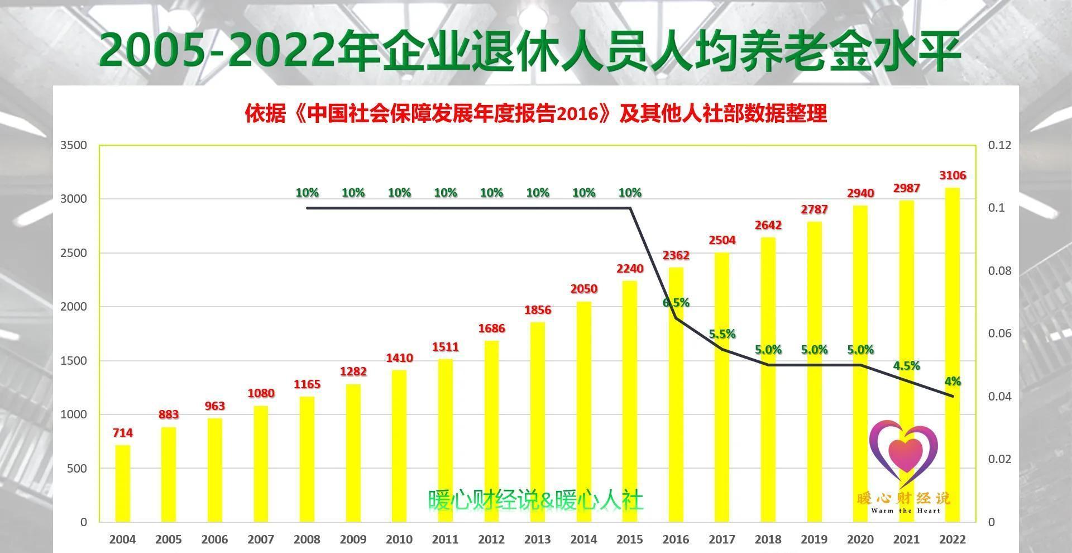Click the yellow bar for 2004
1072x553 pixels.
click(122, 483)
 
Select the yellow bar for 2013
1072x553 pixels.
click(537, 422)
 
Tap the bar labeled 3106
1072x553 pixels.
click(952, 355)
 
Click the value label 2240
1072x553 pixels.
click(630, 269)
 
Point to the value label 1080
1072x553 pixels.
click(261, 393)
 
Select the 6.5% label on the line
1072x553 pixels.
click(676, 303)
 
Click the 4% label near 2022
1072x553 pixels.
click(953, 382)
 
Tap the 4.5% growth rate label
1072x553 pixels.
click(906, 366)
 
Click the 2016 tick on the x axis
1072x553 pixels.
click(676, 540)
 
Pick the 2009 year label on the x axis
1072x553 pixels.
click(353, 540)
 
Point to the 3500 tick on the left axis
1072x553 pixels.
click(74, 145)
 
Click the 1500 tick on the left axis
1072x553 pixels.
click(74, 361)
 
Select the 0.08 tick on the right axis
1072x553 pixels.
click(999, 271)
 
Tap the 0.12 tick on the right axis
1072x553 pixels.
click(999, 145)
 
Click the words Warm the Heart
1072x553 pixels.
click(905, 511)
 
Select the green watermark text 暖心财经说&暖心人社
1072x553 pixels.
click(535, 500)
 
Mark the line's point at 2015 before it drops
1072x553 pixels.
click(630, 208)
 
